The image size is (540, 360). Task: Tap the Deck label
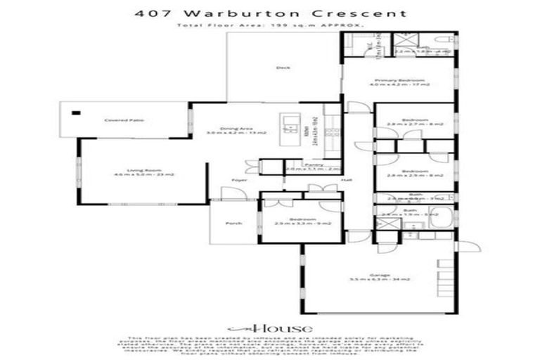coord(283,68)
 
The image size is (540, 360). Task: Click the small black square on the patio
coord(75,112)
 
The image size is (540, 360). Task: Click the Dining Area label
coord(231,129)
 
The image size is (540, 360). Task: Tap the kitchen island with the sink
coord(289,128)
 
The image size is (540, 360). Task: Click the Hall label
coord(346,181)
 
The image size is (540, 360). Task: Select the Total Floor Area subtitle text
coord(270,25)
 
